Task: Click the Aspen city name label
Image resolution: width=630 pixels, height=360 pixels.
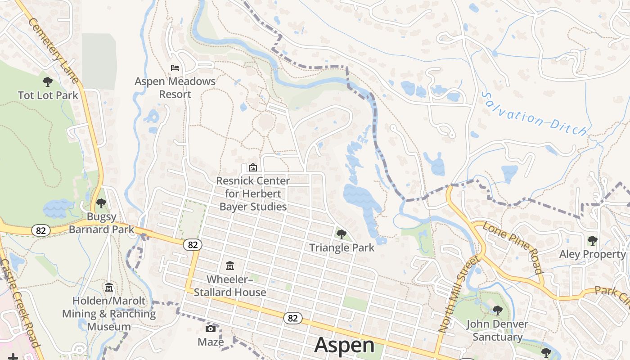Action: pyautogui.click(x=344, y=345)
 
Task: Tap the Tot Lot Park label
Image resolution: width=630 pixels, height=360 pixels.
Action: pyautogui.click(x=48, y=95)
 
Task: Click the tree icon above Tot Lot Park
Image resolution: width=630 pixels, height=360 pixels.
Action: pyautogui.click(x=47, y=82)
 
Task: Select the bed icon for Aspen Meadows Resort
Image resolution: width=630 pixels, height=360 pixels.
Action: pyautogui.click(x=175, y=68)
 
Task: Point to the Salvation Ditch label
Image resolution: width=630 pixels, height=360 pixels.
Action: pyautogui.click(x=535, y=114)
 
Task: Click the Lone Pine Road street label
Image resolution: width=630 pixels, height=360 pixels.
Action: pyautogui.click(x=513, y=247)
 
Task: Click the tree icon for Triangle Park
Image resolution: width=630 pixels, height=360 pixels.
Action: pyautogui.click(x=342, y=234)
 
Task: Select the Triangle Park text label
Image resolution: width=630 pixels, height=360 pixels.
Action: pyautogui.click(x=342, y=247)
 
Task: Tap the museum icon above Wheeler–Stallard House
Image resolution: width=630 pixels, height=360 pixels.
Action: pyautogui.click(x=230, y=266)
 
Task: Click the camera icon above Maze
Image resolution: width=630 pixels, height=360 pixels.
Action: pyautogui.click(x=211, y=328)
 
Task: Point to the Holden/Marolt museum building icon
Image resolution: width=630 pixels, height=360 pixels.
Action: pyautogui.click(x=109, y=287)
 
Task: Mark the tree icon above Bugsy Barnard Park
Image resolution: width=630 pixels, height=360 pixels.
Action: pyautogui.click(x=101, y=203)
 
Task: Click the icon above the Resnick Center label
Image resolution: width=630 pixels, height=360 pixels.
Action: pyautogui.click(x=252, y=167)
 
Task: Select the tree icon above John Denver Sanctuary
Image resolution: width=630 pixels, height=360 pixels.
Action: pyautogui.click(x=497, y=310)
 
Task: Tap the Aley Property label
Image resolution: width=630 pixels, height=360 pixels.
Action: pyautogui.click(x=592, y=254)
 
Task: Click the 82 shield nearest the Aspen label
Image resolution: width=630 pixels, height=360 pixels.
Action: pyautogui.click(x=292, y=318)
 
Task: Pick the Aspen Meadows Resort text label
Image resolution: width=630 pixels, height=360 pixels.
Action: pyautogui.click(x=175, y=88)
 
